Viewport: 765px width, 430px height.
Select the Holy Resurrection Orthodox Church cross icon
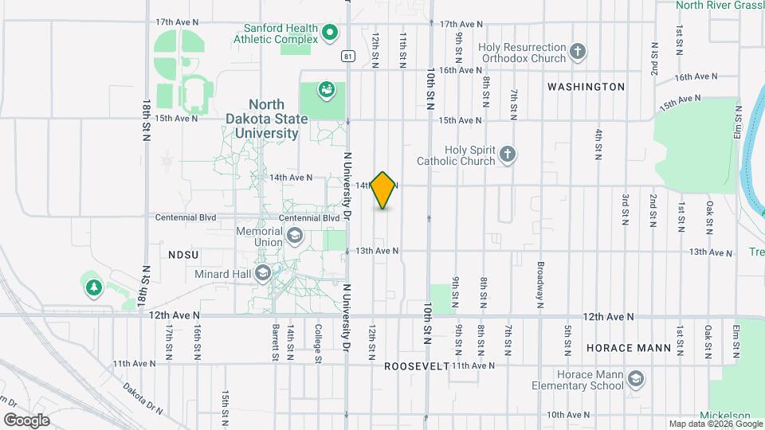tap(579, 53)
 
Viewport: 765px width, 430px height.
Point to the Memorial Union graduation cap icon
tap(295, 236)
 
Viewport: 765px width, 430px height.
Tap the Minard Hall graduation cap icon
tap(264, 274)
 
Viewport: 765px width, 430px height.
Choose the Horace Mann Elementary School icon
tap(635, 379)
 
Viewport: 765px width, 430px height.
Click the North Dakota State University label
tap(262, 119)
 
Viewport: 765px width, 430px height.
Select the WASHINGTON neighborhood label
tap(586, 86)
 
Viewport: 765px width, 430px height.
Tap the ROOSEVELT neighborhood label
tap(416, 366)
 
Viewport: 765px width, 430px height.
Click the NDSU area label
tap(182, 254)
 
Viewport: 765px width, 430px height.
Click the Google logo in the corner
tap(25, 420)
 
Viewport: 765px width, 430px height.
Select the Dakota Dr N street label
tap(143, 398)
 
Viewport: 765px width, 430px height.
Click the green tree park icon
tap(94, 287)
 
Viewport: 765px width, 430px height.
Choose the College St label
tap(317, 342)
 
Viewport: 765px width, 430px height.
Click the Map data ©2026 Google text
tap(715, 424)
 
